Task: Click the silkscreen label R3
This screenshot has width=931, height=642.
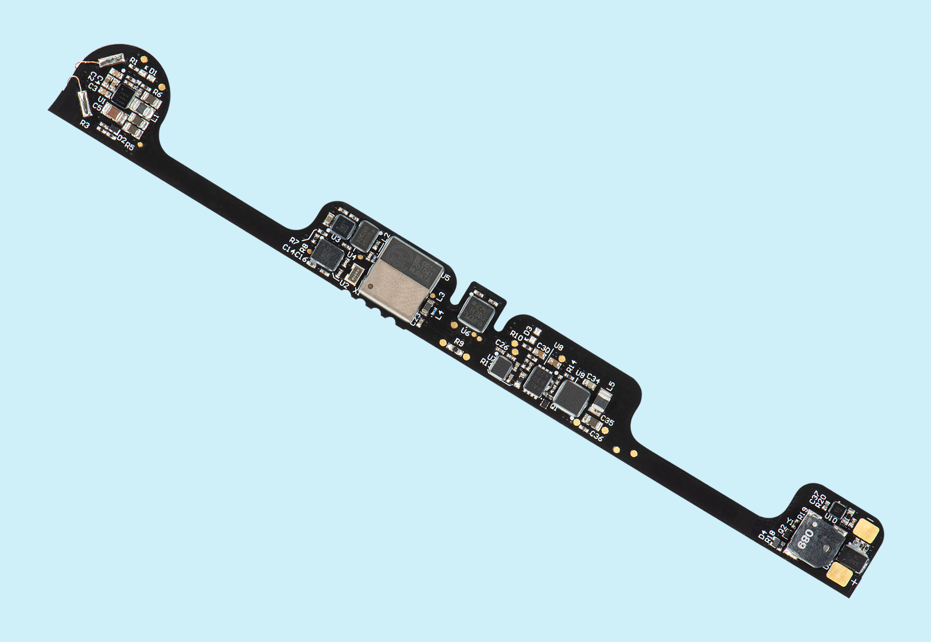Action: pos(84,124)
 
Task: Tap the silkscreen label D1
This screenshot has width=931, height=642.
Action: pos(152,72)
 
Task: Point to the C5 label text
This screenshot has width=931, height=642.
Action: pos(97,107)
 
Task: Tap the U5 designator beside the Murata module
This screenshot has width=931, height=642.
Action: pos(446,277)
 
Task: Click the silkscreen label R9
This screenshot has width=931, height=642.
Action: pos(459,343)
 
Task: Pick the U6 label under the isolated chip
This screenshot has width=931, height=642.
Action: pos(465,332)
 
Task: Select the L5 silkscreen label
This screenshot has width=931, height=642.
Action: pos(610,386)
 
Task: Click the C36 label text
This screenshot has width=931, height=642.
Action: pos(596,436)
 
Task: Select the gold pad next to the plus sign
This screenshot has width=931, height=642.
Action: pos(840,574)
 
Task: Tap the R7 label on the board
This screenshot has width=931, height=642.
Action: pos(294,241)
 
